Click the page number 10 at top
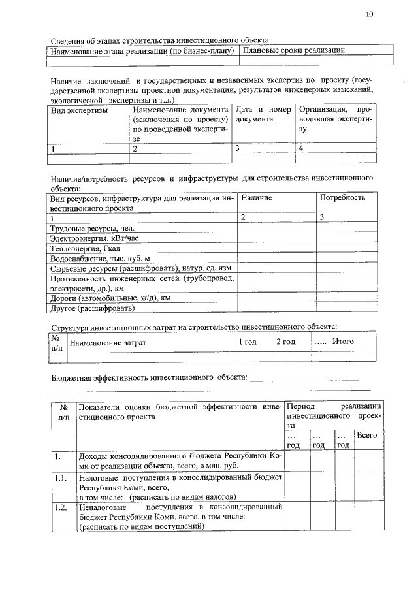tap(370, 14)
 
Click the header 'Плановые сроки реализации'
tap(293, 50)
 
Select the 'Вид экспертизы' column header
tap(79, 110)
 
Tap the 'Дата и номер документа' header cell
tap(263, 115)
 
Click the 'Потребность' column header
tap(342, 197)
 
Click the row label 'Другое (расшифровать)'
tap(92, 307)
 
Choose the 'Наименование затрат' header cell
tap(108, 342)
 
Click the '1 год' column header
tap(247, 342)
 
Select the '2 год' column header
tap(285, 342)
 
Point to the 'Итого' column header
tap(343, 342)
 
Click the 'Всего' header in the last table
tap(366, 435)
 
